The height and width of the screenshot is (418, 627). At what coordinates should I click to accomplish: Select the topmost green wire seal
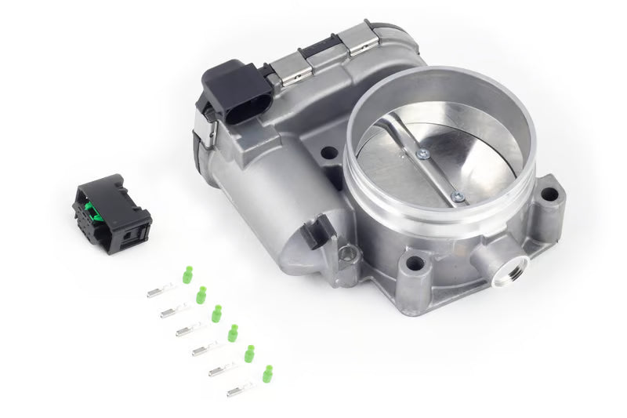[187, 274]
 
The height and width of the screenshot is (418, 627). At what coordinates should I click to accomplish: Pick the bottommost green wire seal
[267, 373]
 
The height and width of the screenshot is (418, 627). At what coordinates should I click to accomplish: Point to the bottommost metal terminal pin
[241, 389]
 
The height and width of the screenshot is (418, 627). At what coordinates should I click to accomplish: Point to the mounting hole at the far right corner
[549, 194]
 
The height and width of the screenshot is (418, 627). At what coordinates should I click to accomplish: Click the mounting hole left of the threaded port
[413, 264]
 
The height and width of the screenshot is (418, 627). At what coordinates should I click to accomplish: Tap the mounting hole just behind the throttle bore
[329, 152]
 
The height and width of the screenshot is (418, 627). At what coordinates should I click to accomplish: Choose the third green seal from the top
[216, 313]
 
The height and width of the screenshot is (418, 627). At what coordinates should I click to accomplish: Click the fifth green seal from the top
[249, 354]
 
